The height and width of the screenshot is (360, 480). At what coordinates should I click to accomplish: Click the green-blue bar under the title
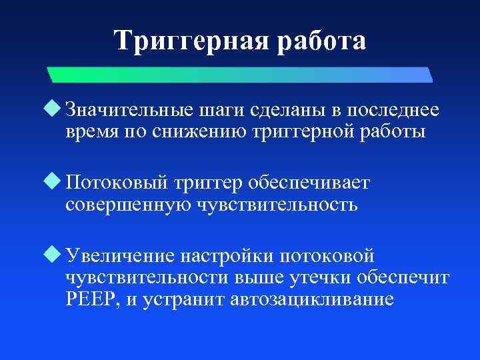(x=240, y=73)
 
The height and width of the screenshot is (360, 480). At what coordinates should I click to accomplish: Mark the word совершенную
(x=127, y=205)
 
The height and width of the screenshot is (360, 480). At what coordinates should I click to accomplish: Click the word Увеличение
(x=121, y=256)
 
